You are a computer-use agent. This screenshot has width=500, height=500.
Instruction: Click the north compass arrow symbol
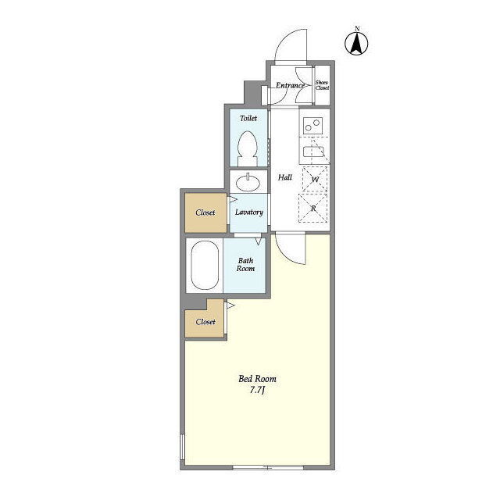[356, 43]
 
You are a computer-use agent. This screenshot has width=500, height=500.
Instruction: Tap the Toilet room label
[248, 118]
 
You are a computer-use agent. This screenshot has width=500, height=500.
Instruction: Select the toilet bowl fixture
[248, 148]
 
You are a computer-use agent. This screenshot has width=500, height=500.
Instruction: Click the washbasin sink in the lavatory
[248, 182]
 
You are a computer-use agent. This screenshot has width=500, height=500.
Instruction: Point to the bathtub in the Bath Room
[205, 266]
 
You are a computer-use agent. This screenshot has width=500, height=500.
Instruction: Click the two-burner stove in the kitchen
[312, 125]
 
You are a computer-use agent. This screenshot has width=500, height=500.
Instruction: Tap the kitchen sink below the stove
[314, 151]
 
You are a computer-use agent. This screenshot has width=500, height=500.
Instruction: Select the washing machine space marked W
[315, 179]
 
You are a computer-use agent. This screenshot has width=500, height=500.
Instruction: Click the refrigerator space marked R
[313, 209]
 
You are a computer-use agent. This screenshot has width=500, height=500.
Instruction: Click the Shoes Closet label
[322, 85]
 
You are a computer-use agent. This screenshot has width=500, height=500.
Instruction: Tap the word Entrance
[290, 85]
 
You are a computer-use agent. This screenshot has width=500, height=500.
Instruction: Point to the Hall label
[284, 177]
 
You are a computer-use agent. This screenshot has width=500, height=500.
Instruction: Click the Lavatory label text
[249, 212]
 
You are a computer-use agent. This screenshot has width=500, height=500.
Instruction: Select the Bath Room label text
[245, 265]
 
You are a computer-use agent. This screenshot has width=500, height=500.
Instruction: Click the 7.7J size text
[257, 390]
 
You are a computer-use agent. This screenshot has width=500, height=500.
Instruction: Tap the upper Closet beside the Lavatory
[205, 212]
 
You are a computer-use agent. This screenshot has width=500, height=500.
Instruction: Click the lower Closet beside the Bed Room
[205, 321]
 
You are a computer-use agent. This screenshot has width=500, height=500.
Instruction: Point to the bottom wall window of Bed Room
[268, 467]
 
